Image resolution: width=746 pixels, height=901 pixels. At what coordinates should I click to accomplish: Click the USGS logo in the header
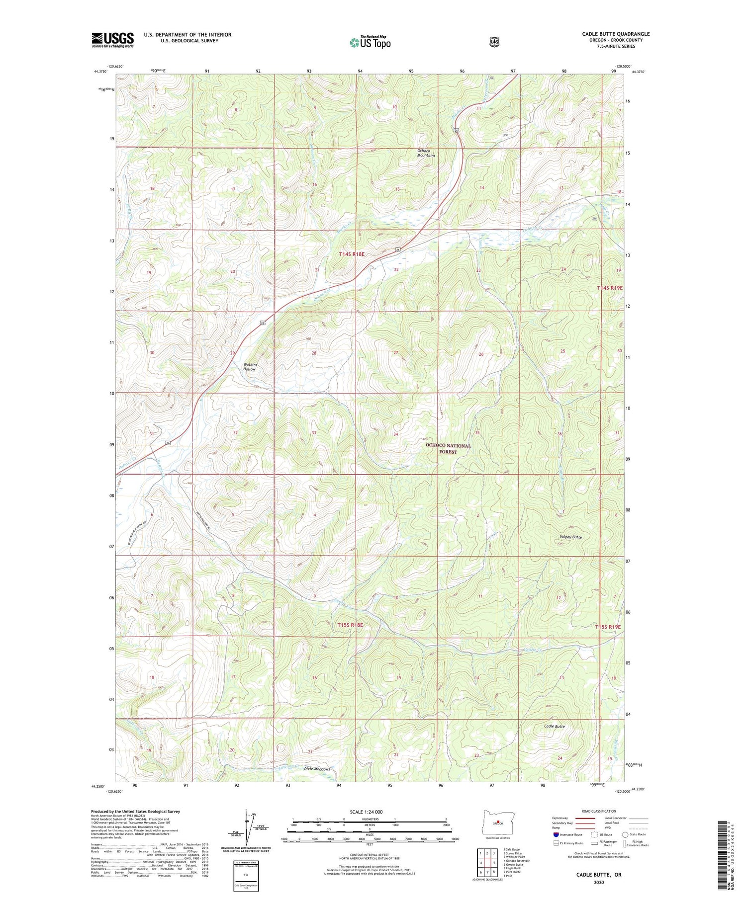pos(112,40)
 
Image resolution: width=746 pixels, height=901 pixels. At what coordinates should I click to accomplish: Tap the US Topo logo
pos(370,42)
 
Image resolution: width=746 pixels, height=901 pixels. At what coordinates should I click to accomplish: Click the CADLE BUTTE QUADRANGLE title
pos(616,34)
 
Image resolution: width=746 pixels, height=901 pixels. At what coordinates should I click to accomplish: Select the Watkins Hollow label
pos(249,367)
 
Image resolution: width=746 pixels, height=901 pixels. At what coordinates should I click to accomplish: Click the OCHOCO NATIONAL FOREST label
pos(448,449)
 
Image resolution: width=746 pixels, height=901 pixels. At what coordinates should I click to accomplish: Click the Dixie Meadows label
pos(316,769)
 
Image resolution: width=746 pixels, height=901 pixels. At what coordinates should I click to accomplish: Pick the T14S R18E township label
pos(352,254)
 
